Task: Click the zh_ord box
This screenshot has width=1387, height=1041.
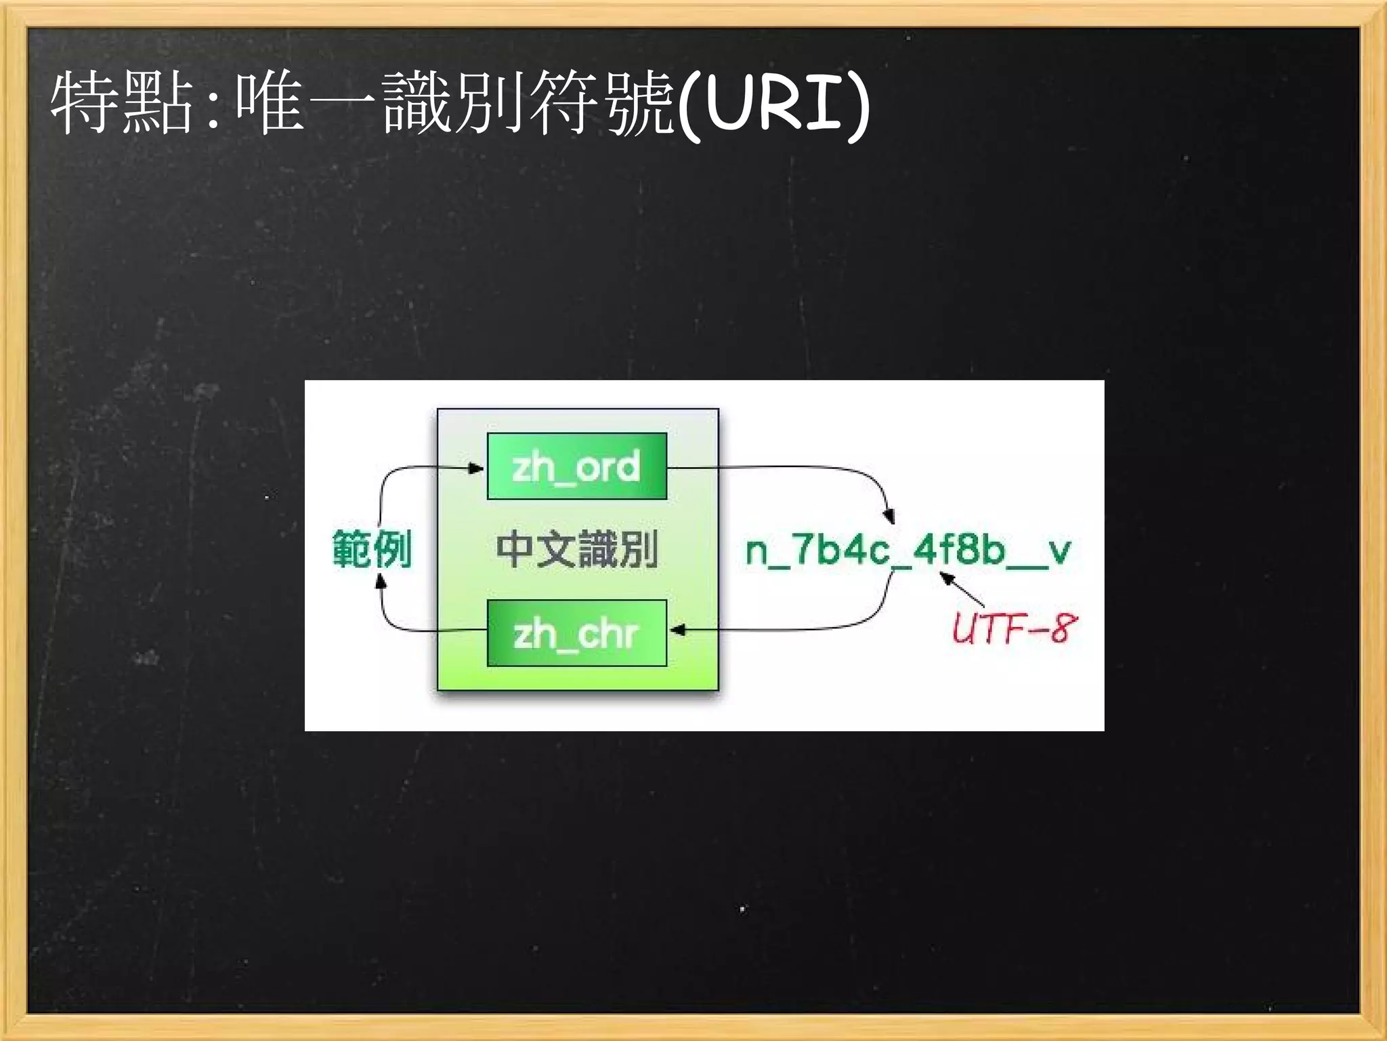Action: pos(577,466)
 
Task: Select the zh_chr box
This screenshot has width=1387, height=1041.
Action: pos(577,633)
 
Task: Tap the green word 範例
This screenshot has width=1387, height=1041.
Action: pos(372,548)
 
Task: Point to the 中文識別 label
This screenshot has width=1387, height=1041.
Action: pos(577,548)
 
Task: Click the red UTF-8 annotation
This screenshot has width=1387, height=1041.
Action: pos(1013,628)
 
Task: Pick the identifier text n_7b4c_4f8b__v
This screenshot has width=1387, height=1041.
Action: pos(908,550)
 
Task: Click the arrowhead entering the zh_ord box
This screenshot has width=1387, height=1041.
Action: pos(477,468)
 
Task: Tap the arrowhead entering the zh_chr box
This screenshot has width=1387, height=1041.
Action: pos(677,630)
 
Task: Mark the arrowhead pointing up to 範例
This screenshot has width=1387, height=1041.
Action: pos(381,580)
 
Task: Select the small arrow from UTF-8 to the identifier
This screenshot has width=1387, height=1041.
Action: pos(962,588)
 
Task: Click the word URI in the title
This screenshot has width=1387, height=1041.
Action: pos(772,105)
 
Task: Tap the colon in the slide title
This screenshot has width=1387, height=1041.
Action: pos(214,108)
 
